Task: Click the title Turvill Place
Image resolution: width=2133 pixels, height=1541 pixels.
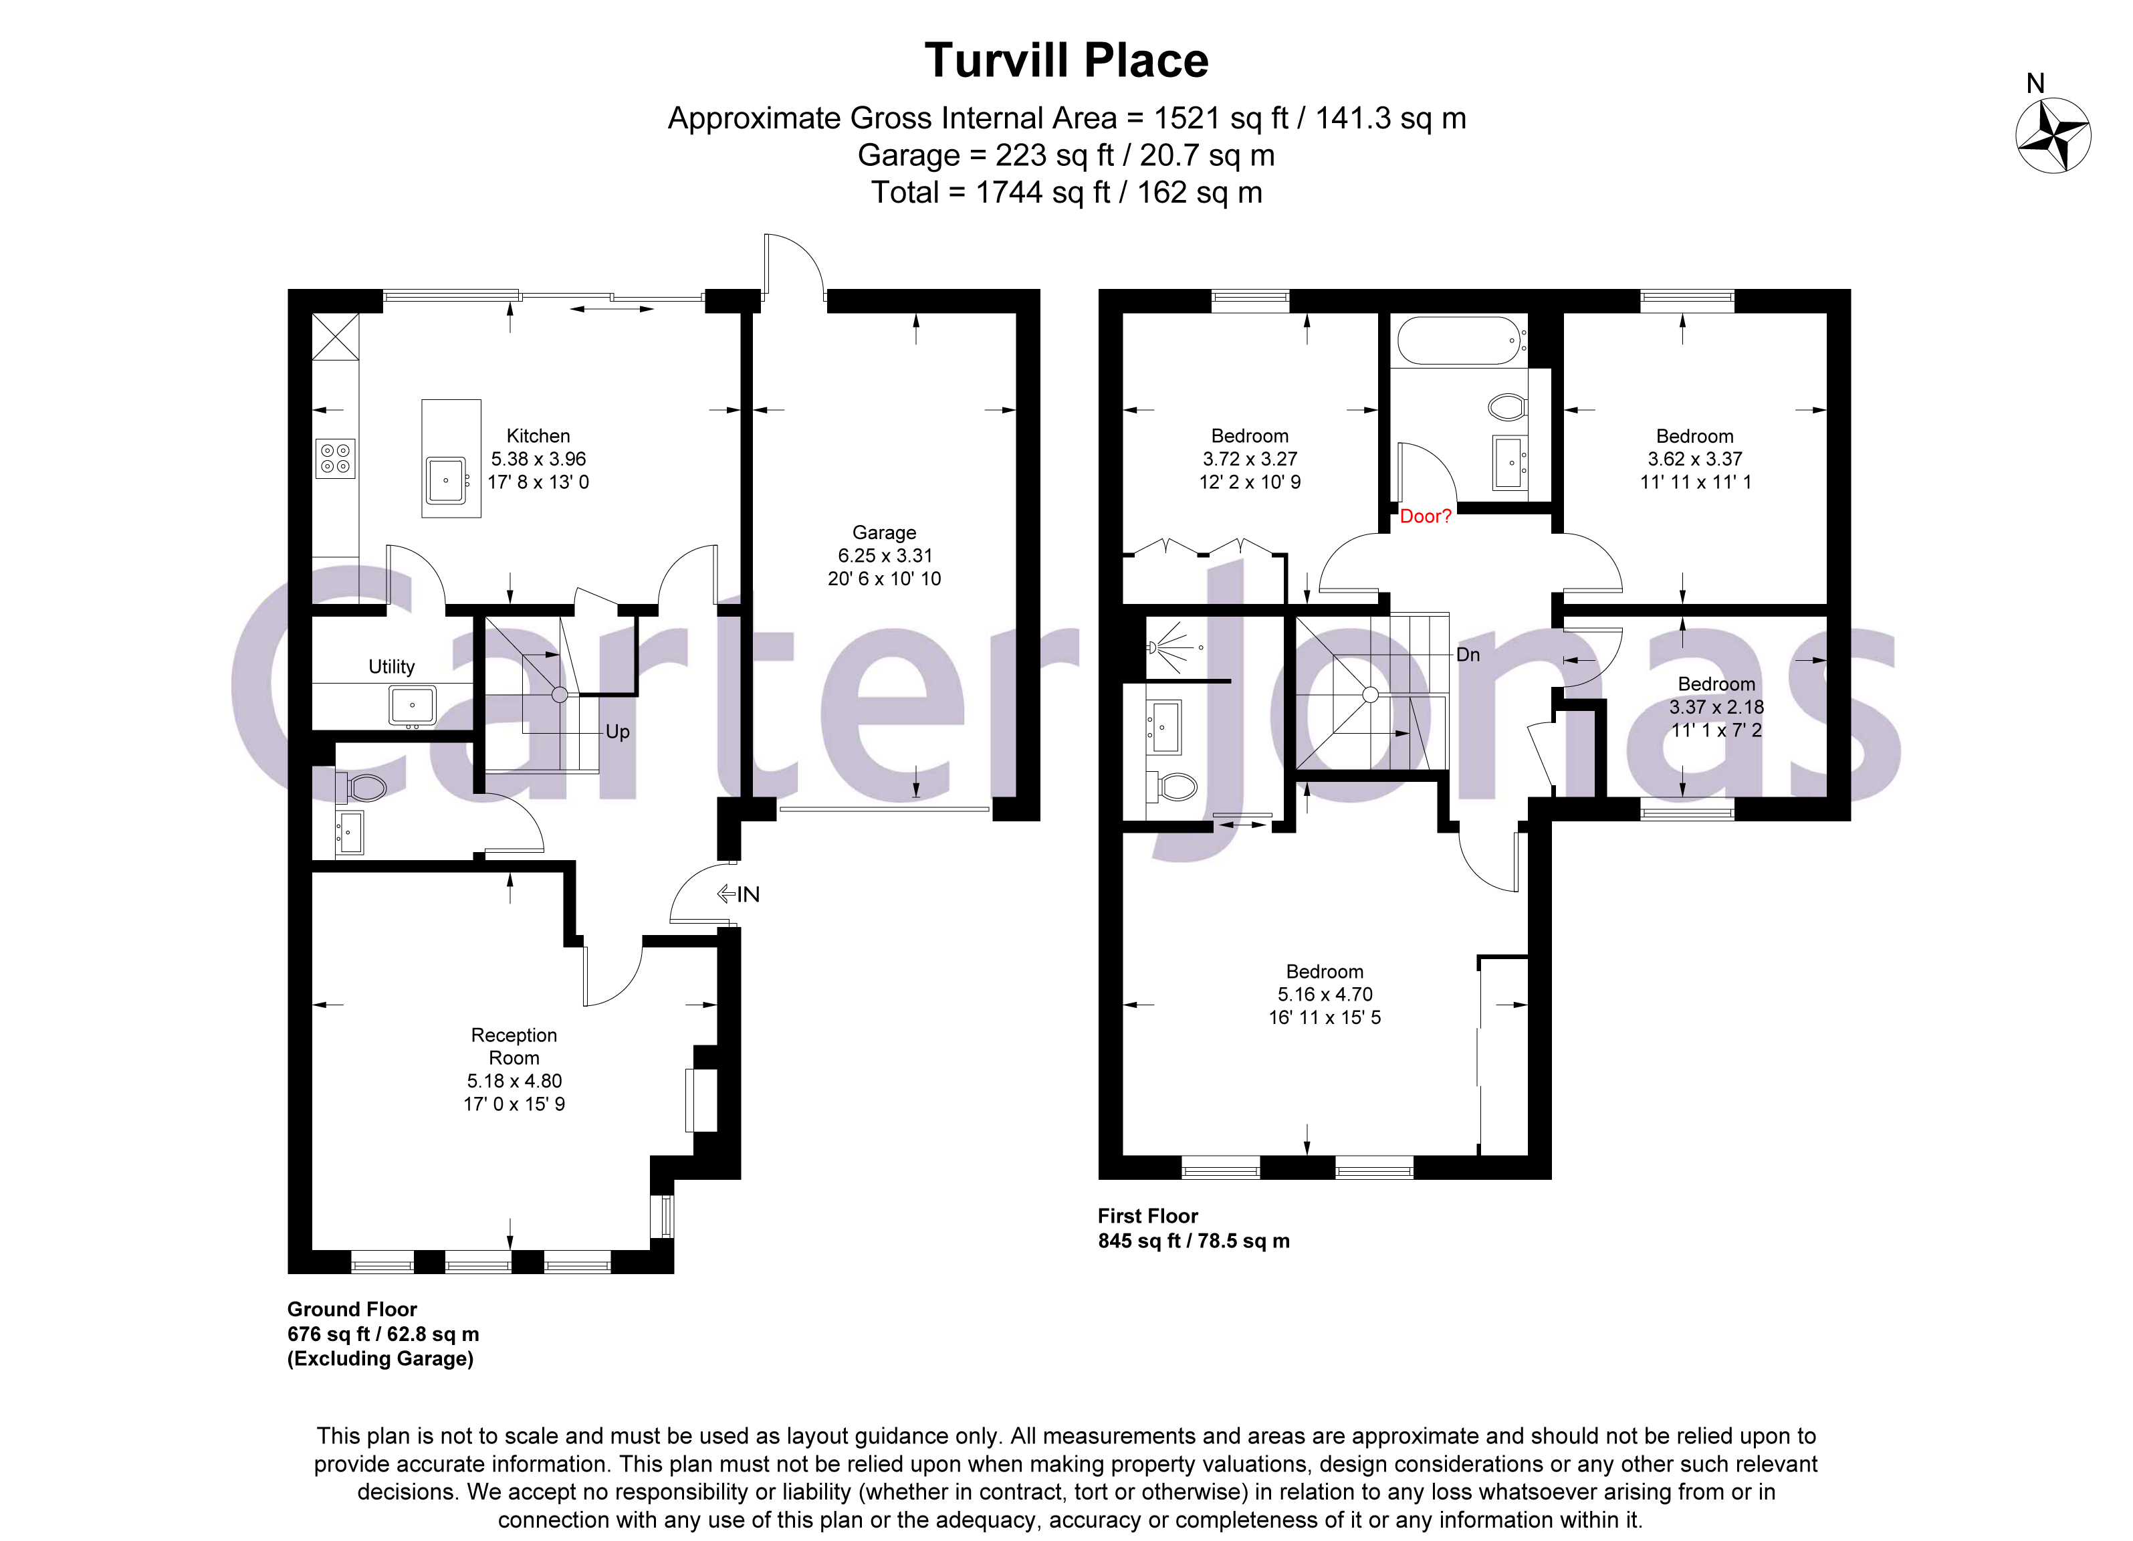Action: [1066, 61]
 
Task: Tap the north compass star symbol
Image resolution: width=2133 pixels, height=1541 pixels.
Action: [2053, 136]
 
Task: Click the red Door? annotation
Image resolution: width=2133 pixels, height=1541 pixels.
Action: [1425, 516]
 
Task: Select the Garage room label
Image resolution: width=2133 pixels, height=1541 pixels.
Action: [883, 532]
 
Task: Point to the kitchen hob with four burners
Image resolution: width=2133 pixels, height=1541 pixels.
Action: [335, 458]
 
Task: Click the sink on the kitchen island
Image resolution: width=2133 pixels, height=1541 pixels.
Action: [447, 480]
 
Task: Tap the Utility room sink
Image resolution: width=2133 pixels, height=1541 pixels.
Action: [412, 706]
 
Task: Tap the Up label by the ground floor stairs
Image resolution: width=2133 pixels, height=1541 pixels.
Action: [617, 732]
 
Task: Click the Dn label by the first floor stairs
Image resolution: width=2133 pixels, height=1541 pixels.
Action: [1467, 655]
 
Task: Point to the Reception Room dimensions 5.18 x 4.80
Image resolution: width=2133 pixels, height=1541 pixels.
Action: [514, 1081]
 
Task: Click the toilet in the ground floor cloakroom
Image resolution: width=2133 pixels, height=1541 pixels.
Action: [365, 787]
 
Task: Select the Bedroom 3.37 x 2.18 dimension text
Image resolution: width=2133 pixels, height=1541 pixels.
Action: [1716, 706]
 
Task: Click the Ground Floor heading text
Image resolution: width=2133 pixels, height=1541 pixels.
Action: [352, 1309]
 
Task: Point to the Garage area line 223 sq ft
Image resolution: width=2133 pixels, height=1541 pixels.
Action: [1066, 155]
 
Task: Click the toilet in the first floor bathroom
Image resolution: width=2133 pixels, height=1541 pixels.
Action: [1508, 407]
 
